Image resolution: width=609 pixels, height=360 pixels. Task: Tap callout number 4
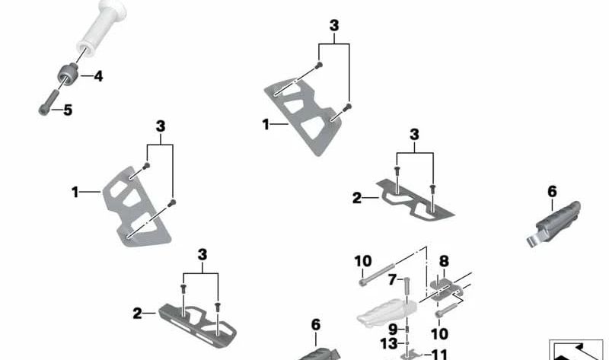coord(99,76)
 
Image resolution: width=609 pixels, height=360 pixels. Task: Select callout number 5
coord(68,110)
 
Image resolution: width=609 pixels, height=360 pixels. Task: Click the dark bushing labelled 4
coord(68,74)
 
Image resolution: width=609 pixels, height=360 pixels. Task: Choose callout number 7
coord(393,279)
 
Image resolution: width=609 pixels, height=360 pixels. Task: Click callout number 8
coord(444,261)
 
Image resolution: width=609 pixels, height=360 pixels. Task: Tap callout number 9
coord(393,330)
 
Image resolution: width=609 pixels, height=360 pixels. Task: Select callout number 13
coord(388,344)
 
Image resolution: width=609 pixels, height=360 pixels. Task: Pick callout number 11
coord(440,355)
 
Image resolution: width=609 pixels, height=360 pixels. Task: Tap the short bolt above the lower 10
coord(448,310)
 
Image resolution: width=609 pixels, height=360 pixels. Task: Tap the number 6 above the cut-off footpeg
coord(316,325)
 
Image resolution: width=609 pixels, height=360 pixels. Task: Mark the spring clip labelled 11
coord(413,354)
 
